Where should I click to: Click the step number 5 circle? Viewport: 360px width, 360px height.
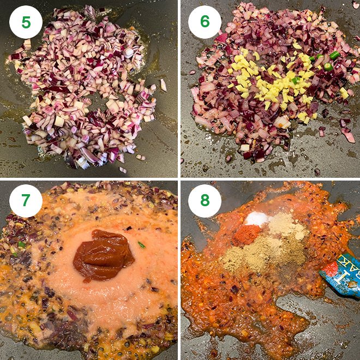[x=26, y=22]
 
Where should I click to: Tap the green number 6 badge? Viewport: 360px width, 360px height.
[x=205, y=22]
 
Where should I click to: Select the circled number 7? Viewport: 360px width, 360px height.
[x=26, y=201]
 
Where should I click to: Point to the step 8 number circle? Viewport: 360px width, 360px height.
[x=205, y=201]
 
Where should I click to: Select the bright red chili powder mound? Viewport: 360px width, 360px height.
[x=248, y=234]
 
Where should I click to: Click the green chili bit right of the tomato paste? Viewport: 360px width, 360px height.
[x=141, y=245]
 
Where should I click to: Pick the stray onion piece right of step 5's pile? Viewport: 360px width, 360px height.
[x=163, y=85]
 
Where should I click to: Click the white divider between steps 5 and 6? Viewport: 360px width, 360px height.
[x=179, y=87]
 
